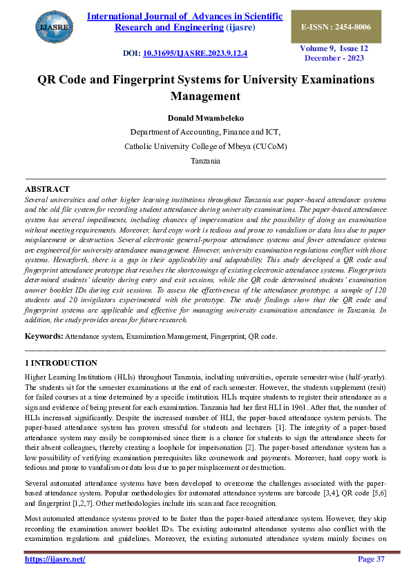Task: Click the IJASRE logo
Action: tap(52, 27)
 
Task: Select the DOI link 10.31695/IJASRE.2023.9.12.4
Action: tap(195, 53)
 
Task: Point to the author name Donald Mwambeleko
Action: tap(205, 117)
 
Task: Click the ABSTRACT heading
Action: tap(47, 188)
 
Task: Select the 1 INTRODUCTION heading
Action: tap(61, 362)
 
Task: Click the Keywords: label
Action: tap(44, 335)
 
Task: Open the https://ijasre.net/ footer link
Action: tap(55, 559)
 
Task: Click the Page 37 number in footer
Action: tap(371, 559)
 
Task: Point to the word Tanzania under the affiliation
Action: tap(205, 160)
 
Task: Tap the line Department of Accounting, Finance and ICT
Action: tap(205, 132)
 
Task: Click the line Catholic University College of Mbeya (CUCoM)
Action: tap(205, 146)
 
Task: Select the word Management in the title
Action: tap(205, 96)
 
